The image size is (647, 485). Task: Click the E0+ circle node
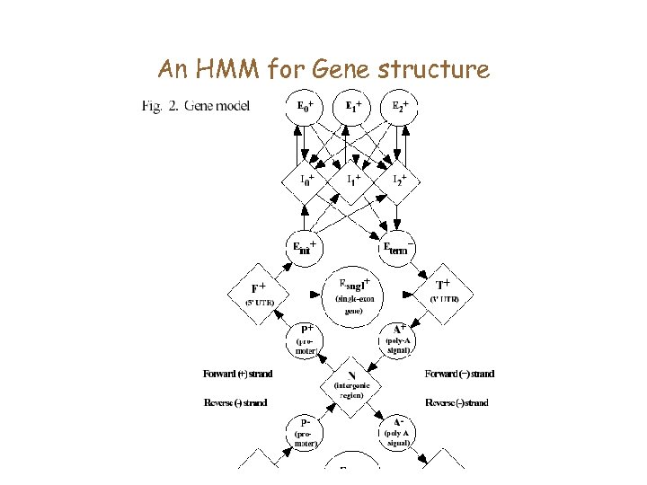pyautogui.click(x=306, y=109)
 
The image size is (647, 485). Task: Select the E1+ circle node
pyautogui.click(x=353, y=109)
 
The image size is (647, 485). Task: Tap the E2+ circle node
pyautogui.click(x=401, y=109)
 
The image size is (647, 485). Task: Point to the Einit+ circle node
pyautogui.click(x=306, y=248)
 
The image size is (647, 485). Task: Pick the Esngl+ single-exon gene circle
pyautogui.click(x=353, y=292)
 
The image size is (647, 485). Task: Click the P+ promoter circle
pyautogui.click(x=306, y=339)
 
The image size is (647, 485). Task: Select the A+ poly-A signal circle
pyautogui.click(x=399, y=339)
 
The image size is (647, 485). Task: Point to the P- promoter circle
pyautogui.click(x=306, y=431)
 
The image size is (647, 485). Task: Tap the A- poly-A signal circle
pyautogui.click(x=399, y=431)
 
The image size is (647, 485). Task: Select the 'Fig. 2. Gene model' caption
pyautogui.click(x=195, y=107)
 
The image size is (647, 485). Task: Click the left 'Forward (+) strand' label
pyautogui.click(x=237, y=374)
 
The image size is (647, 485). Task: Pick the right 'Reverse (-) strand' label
pyautogui.click(x=456, y=402)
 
